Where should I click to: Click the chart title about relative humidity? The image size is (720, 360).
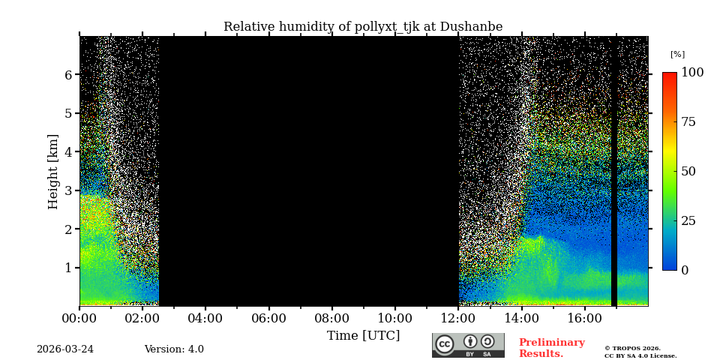tap(363, 27)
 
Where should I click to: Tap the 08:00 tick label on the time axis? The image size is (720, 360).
tap(331, 318)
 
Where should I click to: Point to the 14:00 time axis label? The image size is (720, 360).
tap(521, 318)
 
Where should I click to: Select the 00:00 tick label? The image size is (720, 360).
tap(79, 318)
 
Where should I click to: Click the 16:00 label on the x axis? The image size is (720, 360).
tap(585, 318)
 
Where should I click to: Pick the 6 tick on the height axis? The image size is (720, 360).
tap(68, 75)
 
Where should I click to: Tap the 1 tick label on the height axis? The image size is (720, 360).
tap(68, 268)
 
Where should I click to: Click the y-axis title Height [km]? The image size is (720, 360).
tap(53, 172)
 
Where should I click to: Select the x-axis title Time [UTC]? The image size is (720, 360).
tap(363, 335)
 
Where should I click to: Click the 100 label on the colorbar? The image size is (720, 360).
tap(692, 73)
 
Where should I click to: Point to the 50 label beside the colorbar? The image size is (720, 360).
tap(688, 171)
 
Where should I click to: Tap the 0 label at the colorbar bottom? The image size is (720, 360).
tap(685, 270)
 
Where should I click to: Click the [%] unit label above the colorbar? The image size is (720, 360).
tap(677, 54)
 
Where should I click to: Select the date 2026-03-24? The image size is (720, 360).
tap(65, 349)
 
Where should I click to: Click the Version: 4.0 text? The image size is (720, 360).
tap(174, 349)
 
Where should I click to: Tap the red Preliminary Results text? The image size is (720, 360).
tap(551, 348)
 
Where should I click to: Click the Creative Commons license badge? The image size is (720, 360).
tap(468, 345)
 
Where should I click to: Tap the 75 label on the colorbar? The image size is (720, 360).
tap(688, 122)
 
